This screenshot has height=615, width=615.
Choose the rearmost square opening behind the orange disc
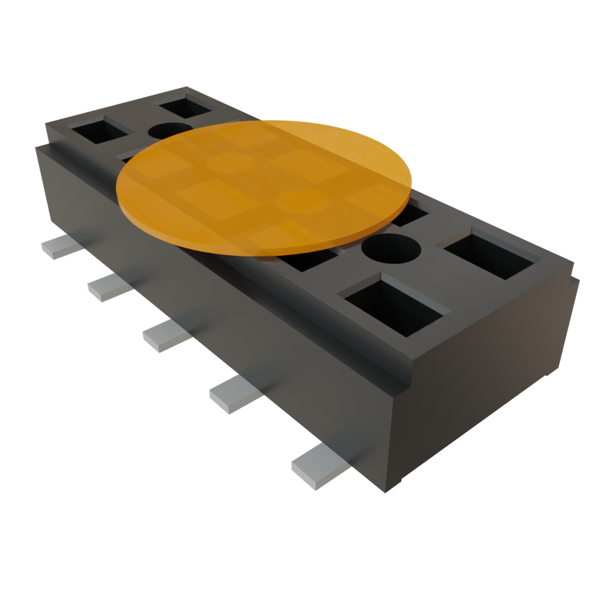pos(186,106)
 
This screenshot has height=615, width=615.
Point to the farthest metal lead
pos(62,246)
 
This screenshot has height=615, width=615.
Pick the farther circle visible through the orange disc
pos(231,162)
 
